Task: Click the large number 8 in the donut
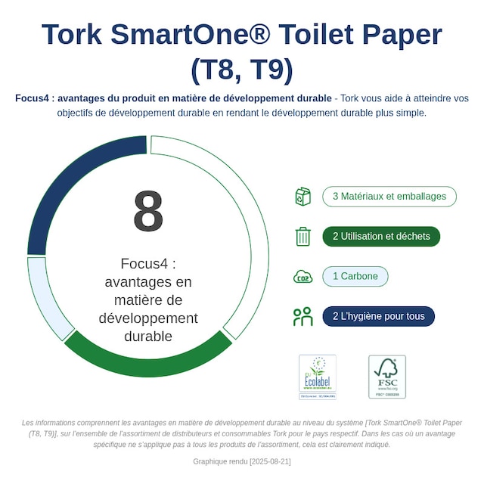148,212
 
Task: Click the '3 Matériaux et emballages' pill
389,197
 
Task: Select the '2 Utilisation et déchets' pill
381,237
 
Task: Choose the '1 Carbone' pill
355,276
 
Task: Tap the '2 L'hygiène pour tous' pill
379,316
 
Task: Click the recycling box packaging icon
302,197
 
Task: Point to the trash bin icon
302,237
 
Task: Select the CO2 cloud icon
302,277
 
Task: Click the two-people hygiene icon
302,316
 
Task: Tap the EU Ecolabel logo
318,376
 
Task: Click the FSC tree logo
387,376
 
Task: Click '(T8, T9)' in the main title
242,70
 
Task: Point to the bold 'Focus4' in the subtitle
33,98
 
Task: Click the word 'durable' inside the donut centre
148,336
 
